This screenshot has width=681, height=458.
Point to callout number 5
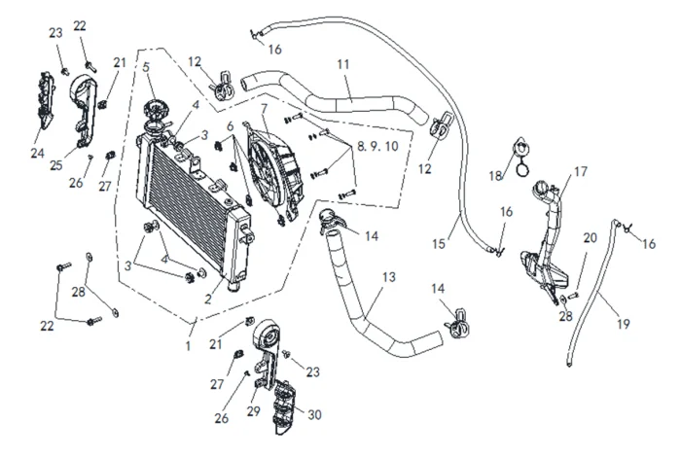point(147,67)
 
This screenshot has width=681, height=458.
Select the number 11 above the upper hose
point(342,64)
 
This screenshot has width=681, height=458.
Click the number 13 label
point(388,278)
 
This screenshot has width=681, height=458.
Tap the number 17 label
point(580,172)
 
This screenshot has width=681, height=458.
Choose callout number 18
point(493,176)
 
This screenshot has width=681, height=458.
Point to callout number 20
point(591,238)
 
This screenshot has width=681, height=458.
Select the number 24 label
point(38,154)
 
